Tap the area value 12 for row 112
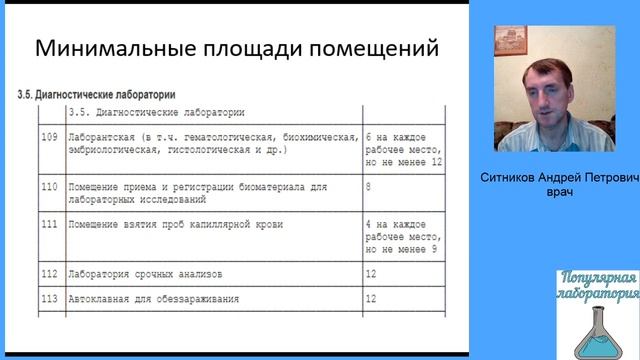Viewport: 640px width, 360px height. pyautogui.click(x=372, y=273)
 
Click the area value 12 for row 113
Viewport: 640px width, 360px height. pyautogui.click(x=372, y=298)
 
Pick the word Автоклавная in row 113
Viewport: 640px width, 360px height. pyautogui.click(x=99, y=298)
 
